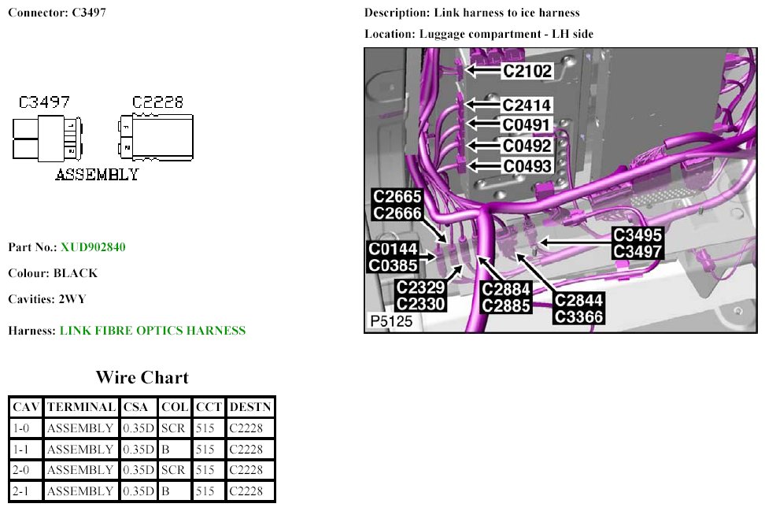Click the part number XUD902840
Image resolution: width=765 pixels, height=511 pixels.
click(x=93, y=247)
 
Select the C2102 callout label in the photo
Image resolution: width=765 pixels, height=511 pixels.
click(x=528, y=71)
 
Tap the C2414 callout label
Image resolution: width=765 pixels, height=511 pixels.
click(x=528, y=105)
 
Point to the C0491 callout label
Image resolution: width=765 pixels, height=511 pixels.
click(x=528, y=125)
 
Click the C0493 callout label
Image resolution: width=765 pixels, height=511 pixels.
click(x=528, y=166)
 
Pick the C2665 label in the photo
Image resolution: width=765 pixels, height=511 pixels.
click(x=397, y=197)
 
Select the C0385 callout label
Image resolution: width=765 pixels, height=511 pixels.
click(x=394, y=266)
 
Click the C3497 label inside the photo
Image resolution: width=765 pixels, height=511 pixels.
click(x=637, y=252)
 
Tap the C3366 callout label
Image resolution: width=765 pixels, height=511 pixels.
click(x=578, y=317)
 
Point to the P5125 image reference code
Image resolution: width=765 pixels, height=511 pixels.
click(x=391, y=321)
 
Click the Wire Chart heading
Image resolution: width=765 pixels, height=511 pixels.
click(x=142, y=377)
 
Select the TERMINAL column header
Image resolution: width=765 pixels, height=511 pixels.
click(x=81, y=408)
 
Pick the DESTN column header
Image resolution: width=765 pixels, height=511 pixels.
click(x=250, y=408)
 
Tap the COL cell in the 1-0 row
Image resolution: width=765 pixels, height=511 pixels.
click(x=173, y=428)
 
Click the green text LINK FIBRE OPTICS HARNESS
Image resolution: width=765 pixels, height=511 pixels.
click(x=153, y=331)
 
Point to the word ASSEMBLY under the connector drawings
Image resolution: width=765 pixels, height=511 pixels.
click(x=97, y=175)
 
